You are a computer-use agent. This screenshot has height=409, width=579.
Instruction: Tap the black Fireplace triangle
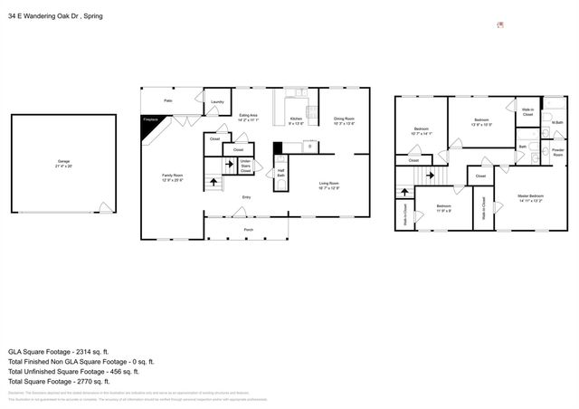pos(148,122)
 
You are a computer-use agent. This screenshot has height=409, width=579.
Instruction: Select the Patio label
pos(168,100)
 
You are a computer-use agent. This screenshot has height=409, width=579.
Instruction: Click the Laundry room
pos(217,102)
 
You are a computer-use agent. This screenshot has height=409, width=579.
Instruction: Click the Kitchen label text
pos(296,120)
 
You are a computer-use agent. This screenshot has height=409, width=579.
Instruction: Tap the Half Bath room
pos(281,172)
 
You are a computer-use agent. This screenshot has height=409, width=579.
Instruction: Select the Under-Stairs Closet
pos(244,166)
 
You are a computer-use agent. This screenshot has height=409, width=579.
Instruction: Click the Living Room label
pos(328,186)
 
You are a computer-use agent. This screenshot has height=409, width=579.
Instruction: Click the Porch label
pos(248,230)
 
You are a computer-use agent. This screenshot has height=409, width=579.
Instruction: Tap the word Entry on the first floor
pos(246,196)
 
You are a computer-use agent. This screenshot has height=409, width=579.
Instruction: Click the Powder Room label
pos(557,153)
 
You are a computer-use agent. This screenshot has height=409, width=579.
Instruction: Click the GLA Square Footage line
pos(59,351)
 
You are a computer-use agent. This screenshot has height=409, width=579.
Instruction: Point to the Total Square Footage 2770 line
pos(59,381)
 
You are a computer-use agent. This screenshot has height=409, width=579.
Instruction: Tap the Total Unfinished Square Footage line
pos(72,371)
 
